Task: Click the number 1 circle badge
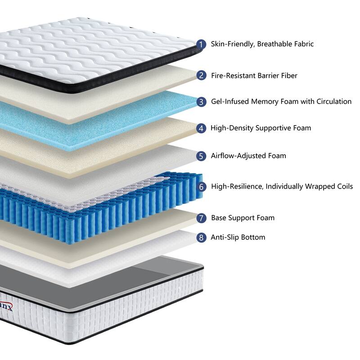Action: point(202,44)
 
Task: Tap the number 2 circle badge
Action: point(202,76)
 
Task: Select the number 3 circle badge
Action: point(202,102)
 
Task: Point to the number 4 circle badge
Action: point(202,128)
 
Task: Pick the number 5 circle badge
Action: point(202,156)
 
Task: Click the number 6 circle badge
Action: point(202,186)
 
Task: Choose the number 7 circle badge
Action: point(202,218)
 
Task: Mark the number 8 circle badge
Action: point(202,237)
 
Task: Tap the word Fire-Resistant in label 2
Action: point(233,76)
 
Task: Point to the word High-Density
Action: point(232,128)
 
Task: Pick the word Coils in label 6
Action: point(343,186)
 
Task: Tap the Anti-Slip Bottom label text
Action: point(238,237)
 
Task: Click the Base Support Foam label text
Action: point(243,218)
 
